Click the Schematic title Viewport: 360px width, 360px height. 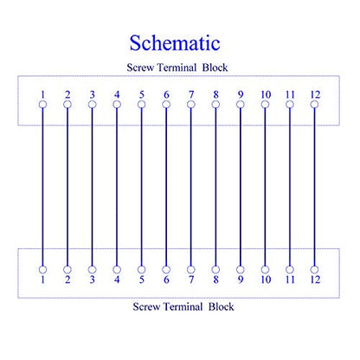click(x=175, y=43)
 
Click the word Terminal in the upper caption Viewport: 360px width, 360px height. click(x=177, y=67)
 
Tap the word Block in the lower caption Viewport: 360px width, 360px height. click(x=222, y=306)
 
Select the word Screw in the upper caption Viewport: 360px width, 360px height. click(x=140, y=67)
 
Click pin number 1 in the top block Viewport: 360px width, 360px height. click(x=42, y=94)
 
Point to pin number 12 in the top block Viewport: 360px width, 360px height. click(x=315, y=94)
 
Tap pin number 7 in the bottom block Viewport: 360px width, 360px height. click(x=191, y=280)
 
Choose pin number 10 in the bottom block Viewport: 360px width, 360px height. click(x=266, y=280)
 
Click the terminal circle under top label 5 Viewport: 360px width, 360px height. click(x=141, y=105)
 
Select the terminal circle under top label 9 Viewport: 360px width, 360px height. click(x=241, y=105)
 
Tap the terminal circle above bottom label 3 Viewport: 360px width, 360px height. click(x=92, y=270)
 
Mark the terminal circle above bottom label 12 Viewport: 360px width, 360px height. click(x=314, y=270)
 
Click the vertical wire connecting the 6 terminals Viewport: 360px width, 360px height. click(x=166, y=187)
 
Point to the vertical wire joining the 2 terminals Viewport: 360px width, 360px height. click(x=67, y=187)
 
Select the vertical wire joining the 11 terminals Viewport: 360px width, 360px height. click(x=290, y=187)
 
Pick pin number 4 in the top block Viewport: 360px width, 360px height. click(x=117, y=94)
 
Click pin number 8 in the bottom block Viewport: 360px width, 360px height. click(x=215, y=280)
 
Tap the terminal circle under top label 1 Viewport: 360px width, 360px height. click(x=42, y=105)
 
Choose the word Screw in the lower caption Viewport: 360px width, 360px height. click(x=146, y=306)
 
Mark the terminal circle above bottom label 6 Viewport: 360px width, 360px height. click(x=166, y=270)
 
